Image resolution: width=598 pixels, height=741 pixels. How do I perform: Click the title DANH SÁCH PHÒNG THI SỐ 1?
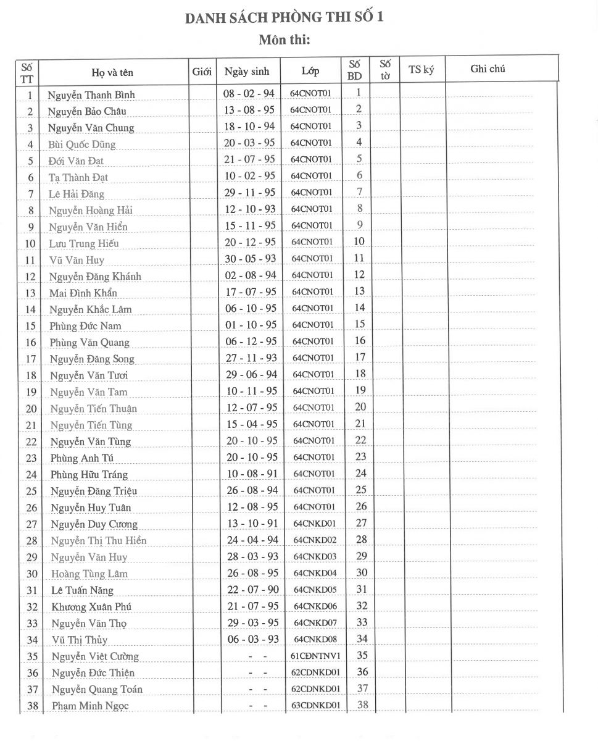click(284, 17)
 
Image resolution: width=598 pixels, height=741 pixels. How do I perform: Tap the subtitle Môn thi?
click(284, 40)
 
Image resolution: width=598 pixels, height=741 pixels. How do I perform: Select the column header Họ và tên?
click(112, 73)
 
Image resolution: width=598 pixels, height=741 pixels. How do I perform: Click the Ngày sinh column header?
click(247, 72)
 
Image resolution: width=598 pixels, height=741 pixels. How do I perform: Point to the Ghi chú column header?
click(488, 69)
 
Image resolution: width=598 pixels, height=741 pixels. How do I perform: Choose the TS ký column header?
click(422, 70)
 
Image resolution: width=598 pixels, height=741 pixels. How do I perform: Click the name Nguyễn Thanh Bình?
click(91, 95)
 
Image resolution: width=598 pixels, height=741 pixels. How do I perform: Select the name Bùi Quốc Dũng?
click(82, 144)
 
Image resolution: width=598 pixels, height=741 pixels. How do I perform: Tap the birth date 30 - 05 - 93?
click(250, 259)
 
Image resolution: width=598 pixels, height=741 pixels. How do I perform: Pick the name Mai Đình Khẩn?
click(83, 293)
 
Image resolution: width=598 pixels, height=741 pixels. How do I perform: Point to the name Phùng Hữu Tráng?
click(89, 474)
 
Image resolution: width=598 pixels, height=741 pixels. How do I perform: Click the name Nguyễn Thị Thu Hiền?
click(99, 541)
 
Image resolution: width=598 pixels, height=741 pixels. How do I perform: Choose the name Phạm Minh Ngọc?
click(90, 706)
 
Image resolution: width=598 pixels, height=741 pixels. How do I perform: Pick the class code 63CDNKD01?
click(316, 705)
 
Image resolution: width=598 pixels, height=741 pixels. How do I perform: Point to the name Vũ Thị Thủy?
click(81, 640)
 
